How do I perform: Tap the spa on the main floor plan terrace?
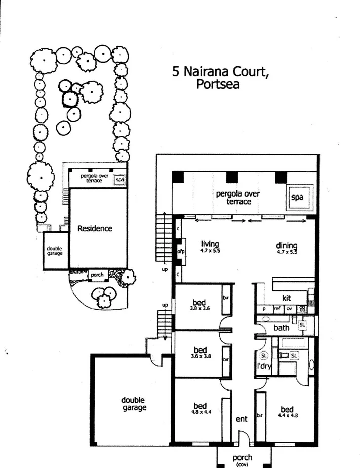click(x=298, y=198)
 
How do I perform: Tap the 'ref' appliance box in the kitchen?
click(x=277, y=308)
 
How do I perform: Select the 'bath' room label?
click(x=281, y=328)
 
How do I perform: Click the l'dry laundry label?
click(x=263, y=366)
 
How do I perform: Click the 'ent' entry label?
click(x=242, y=419)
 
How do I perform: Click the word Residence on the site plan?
click(x=95, y=228)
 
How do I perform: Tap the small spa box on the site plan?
click(x=119, y=179)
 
